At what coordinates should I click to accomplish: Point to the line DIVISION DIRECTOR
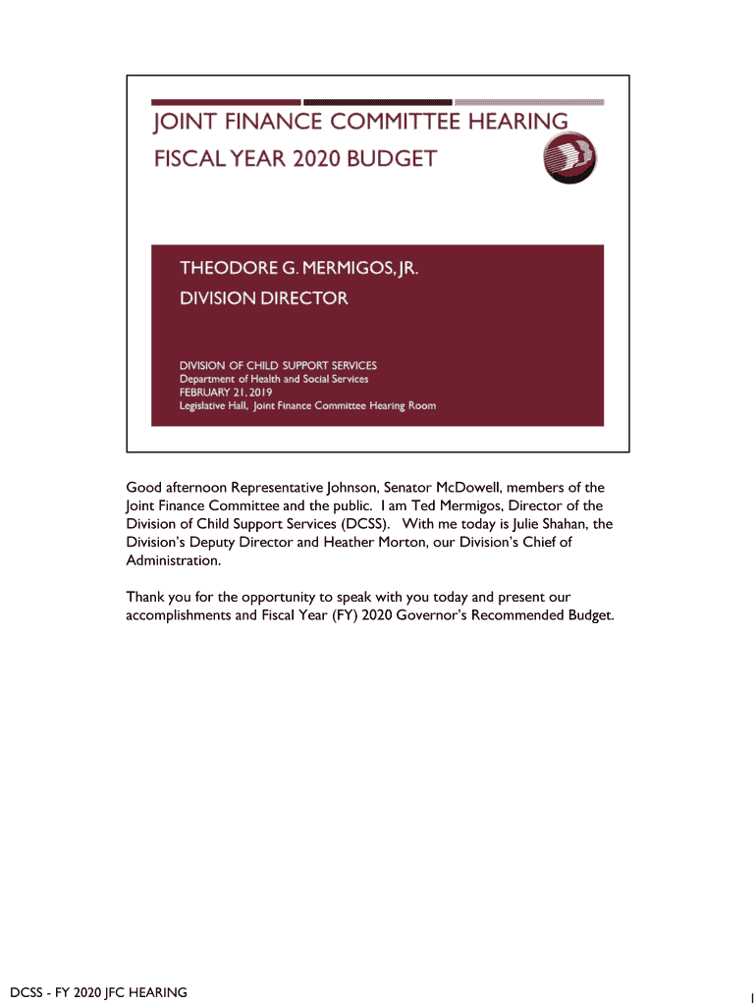[262, 297]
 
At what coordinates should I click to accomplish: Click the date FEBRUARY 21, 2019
[226, 392]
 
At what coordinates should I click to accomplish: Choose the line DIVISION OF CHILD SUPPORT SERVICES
[277, 365]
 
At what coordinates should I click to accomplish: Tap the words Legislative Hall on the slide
[213, 405]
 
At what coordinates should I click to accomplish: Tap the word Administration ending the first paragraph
[173, 560]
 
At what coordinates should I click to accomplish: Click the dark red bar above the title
[226, 102]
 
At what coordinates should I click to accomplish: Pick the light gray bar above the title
[529, 102]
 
